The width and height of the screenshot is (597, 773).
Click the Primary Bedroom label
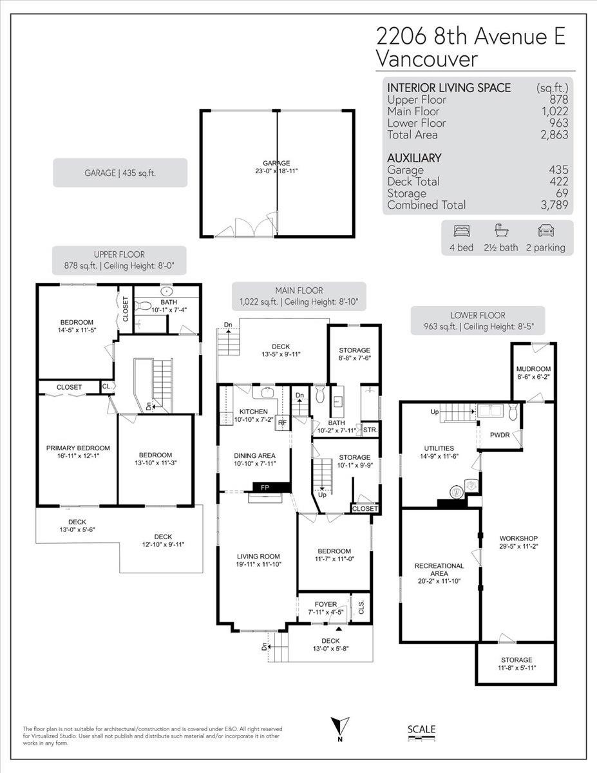78,448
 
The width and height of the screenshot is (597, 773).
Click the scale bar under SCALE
421,738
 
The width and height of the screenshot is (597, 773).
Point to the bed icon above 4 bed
462,231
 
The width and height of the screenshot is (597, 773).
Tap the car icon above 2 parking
545,231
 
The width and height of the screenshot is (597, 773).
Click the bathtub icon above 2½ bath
501,231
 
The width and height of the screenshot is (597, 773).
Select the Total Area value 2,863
554,135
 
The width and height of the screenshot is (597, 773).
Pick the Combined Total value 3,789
554,205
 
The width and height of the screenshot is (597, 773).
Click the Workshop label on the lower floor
518,539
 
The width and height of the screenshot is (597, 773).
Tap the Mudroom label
533,369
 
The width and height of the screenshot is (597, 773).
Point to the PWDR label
500,435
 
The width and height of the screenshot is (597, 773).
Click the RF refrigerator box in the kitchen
282,423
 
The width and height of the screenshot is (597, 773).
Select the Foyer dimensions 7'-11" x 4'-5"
325,612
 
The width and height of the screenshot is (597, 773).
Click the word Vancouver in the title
427,59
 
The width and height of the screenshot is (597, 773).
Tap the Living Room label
258,557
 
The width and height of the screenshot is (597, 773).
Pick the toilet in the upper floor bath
144,305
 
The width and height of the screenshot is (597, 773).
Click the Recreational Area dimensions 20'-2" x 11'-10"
439,581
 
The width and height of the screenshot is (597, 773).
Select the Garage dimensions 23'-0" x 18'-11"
276,171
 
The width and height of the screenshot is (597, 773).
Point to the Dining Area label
254,455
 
